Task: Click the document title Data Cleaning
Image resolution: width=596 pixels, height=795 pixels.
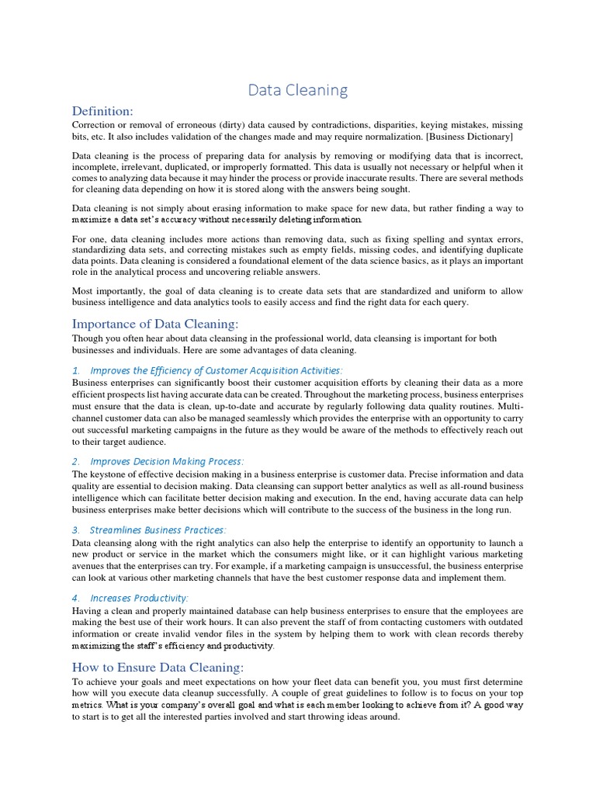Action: [x=298, y=90]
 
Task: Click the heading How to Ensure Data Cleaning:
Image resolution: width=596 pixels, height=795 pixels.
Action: [x=158, y=667]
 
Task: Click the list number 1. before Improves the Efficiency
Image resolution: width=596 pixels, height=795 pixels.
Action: [x=76, y=370]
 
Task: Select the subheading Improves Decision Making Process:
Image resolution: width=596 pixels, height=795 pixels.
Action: [x=167, y=461]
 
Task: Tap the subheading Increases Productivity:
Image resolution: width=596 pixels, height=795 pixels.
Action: [x=139, y=598]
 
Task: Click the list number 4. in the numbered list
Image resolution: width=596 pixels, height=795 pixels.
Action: [x=76, y=598]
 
